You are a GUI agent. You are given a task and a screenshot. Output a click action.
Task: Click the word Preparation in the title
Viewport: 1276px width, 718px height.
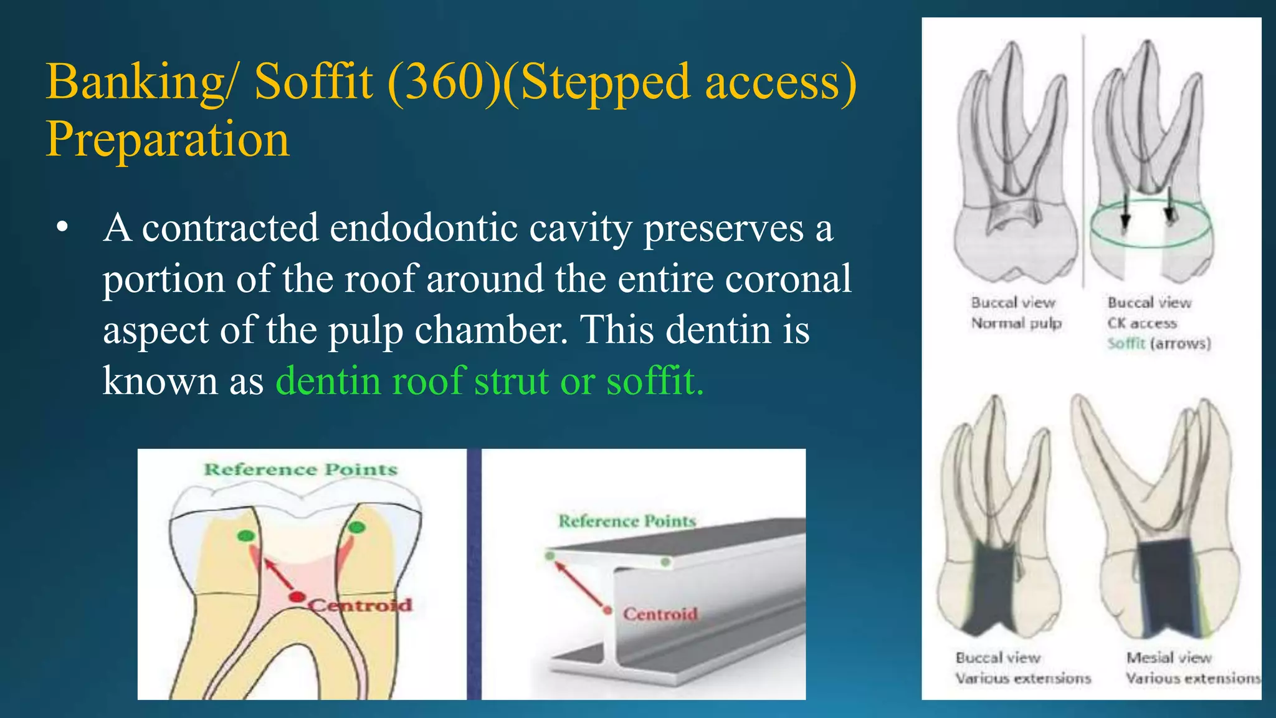168,139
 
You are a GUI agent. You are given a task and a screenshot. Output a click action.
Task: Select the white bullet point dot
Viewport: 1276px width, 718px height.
61,228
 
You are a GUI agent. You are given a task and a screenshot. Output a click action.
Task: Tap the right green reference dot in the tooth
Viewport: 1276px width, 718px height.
356,528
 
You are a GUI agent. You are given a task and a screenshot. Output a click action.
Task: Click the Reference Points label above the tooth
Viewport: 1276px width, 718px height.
300,469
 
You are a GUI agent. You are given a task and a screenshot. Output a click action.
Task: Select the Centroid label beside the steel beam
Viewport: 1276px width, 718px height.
660,614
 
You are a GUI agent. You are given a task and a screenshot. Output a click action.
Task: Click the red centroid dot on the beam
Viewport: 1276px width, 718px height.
607,610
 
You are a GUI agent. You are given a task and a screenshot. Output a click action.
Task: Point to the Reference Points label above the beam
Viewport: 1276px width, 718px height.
627,521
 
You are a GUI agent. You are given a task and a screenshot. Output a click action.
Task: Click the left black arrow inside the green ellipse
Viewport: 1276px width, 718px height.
1125,212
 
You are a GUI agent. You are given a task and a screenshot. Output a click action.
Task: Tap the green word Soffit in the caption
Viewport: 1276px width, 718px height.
1126,343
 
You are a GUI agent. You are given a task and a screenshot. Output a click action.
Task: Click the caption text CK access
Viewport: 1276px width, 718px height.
1141,323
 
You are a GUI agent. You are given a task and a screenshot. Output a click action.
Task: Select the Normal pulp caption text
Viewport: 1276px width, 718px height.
1016,323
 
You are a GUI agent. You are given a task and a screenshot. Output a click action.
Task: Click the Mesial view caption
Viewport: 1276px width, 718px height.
1169,658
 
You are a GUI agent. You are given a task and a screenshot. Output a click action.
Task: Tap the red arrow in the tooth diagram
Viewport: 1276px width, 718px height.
279,573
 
